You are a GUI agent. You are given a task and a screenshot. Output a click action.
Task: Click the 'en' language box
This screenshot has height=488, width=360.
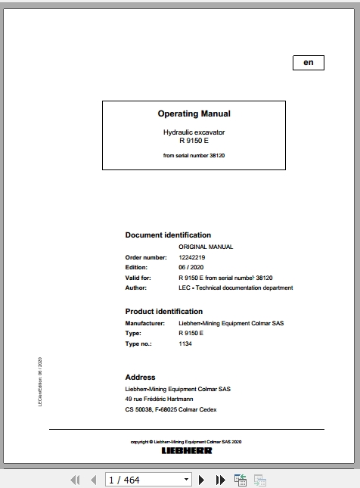308,63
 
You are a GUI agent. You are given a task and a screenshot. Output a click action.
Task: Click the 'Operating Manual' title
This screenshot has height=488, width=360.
194,114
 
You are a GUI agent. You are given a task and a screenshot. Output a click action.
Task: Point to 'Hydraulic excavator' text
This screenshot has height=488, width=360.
194,132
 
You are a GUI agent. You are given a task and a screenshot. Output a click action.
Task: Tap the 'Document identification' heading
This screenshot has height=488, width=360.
168,235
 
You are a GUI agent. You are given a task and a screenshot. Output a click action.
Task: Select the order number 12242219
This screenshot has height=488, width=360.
192,257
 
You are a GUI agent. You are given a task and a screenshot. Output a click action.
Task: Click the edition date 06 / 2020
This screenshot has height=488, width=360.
192,267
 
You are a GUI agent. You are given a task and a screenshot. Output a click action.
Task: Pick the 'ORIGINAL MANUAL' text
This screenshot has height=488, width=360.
206,247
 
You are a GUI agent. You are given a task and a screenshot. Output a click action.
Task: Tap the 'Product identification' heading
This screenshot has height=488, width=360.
164,311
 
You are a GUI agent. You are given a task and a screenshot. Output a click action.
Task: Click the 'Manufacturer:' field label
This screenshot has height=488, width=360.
145,323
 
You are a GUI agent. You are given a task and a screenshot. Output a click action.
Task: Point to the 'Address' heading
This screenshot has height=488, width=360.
140,377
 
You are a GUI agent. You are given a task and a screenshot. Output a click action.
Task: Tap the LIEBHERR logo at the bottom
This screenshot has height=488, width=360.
186,450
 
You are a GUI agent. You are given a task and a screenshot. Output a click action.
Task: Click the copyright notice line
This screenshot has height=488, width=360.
186,441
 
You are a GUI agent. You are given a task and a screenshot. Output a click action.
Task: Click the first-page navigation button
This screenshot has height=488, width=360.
75,480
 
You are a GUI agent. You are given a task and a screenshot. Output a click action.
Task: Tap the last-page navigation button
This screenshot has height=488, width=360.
220,480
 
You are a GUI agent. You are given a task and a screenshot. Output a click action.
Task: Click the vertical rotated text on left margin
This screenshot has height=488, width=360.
40,383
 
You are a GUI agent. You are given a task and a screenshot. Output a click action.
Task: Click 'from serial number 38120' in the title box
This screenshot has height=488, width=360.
194,156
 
